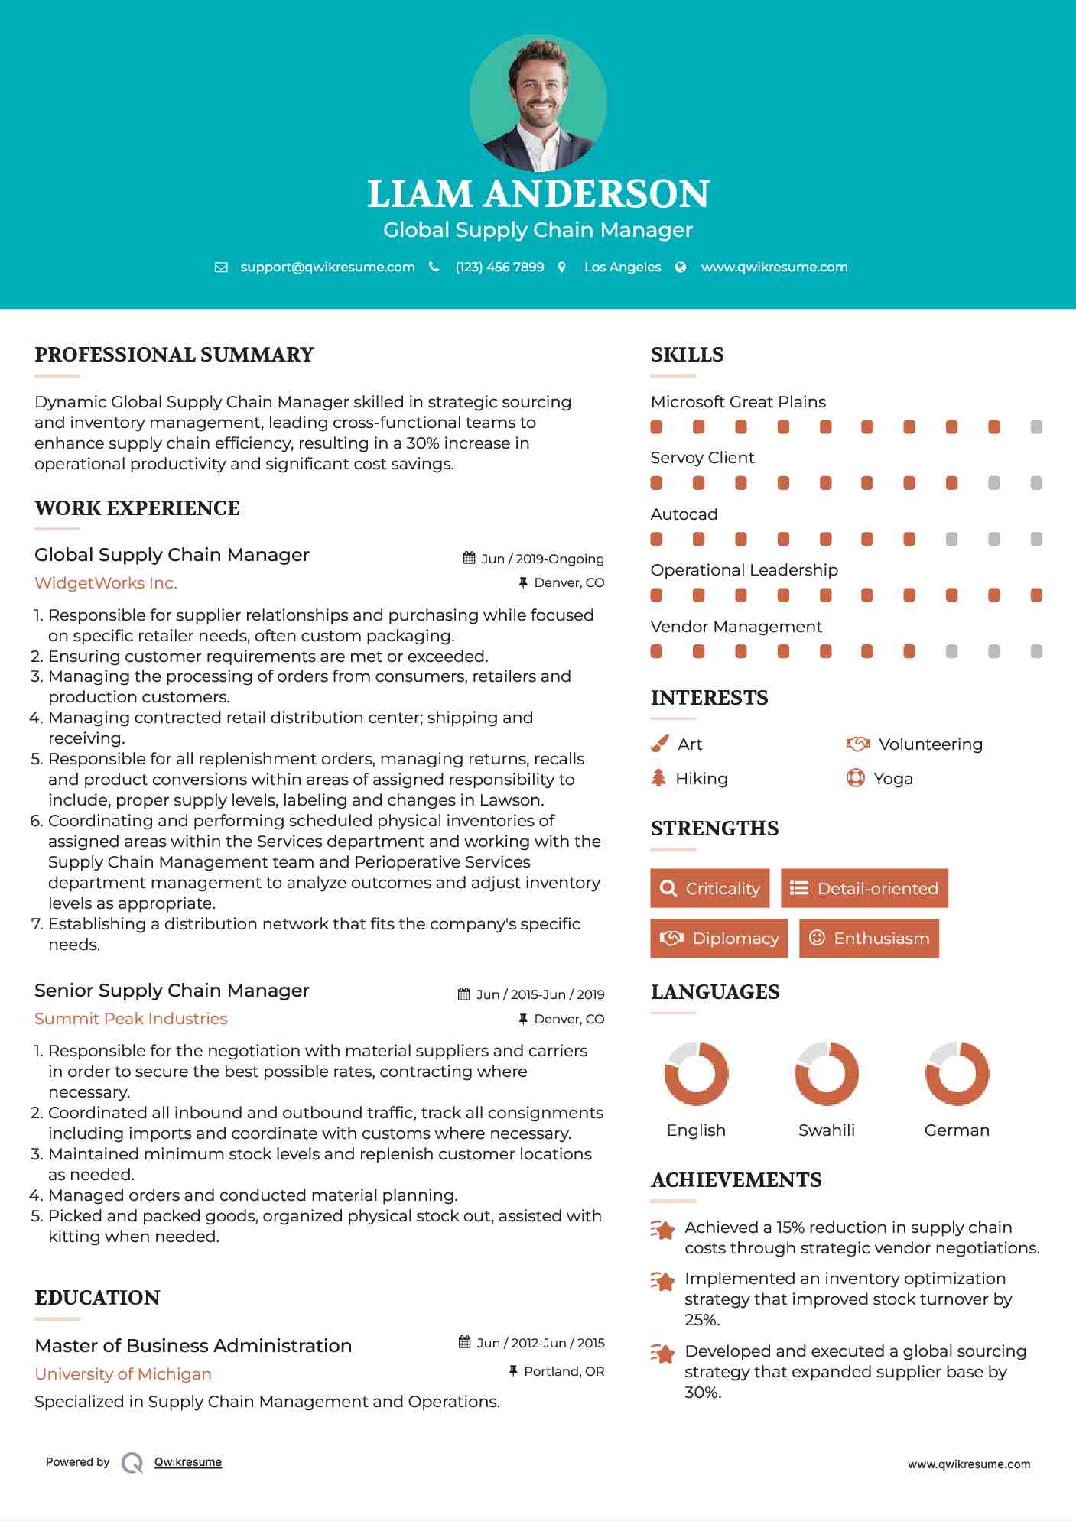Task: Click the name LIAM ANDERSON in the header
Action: click(x=538, y=193)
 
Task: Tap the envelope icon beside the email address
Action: click(x=221, y=268)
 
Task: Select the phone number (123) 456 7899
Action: click(x=499, y=268)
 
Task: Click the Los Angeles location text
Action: click(x=622, y=268)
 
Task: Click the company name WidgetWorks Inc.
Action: click(x=106, y=583)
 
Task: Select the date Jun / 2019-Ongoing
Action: click(x=542, y=559)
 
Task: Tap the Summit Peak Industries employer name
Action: click(x=131, y=1019)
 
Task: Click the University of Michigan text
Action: click(x=123, y=1374)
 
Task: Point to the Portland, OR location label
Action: click(x=564, y=1372)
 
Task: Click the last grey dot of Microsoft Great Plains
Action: click(x=1036, y=427)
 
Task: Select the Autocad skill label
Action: click(x=684, y=514)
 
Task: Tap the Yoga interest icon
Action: click(x=856, y=778)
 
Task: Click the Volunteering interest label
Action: click(x=930, y=744)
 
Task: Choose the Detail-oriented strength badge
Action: click(x=864, y=888)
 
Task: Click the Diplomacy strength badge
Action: click(x=719, y=939)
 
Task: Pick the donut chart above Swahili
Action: click(x=827, y=1073)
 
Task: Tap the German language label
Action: click(x=957, y=1130)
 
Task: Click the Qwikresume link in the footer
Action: click(x=188, y=1462)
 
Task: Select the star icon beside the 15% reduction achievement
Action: click(x=662, y=1231)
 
